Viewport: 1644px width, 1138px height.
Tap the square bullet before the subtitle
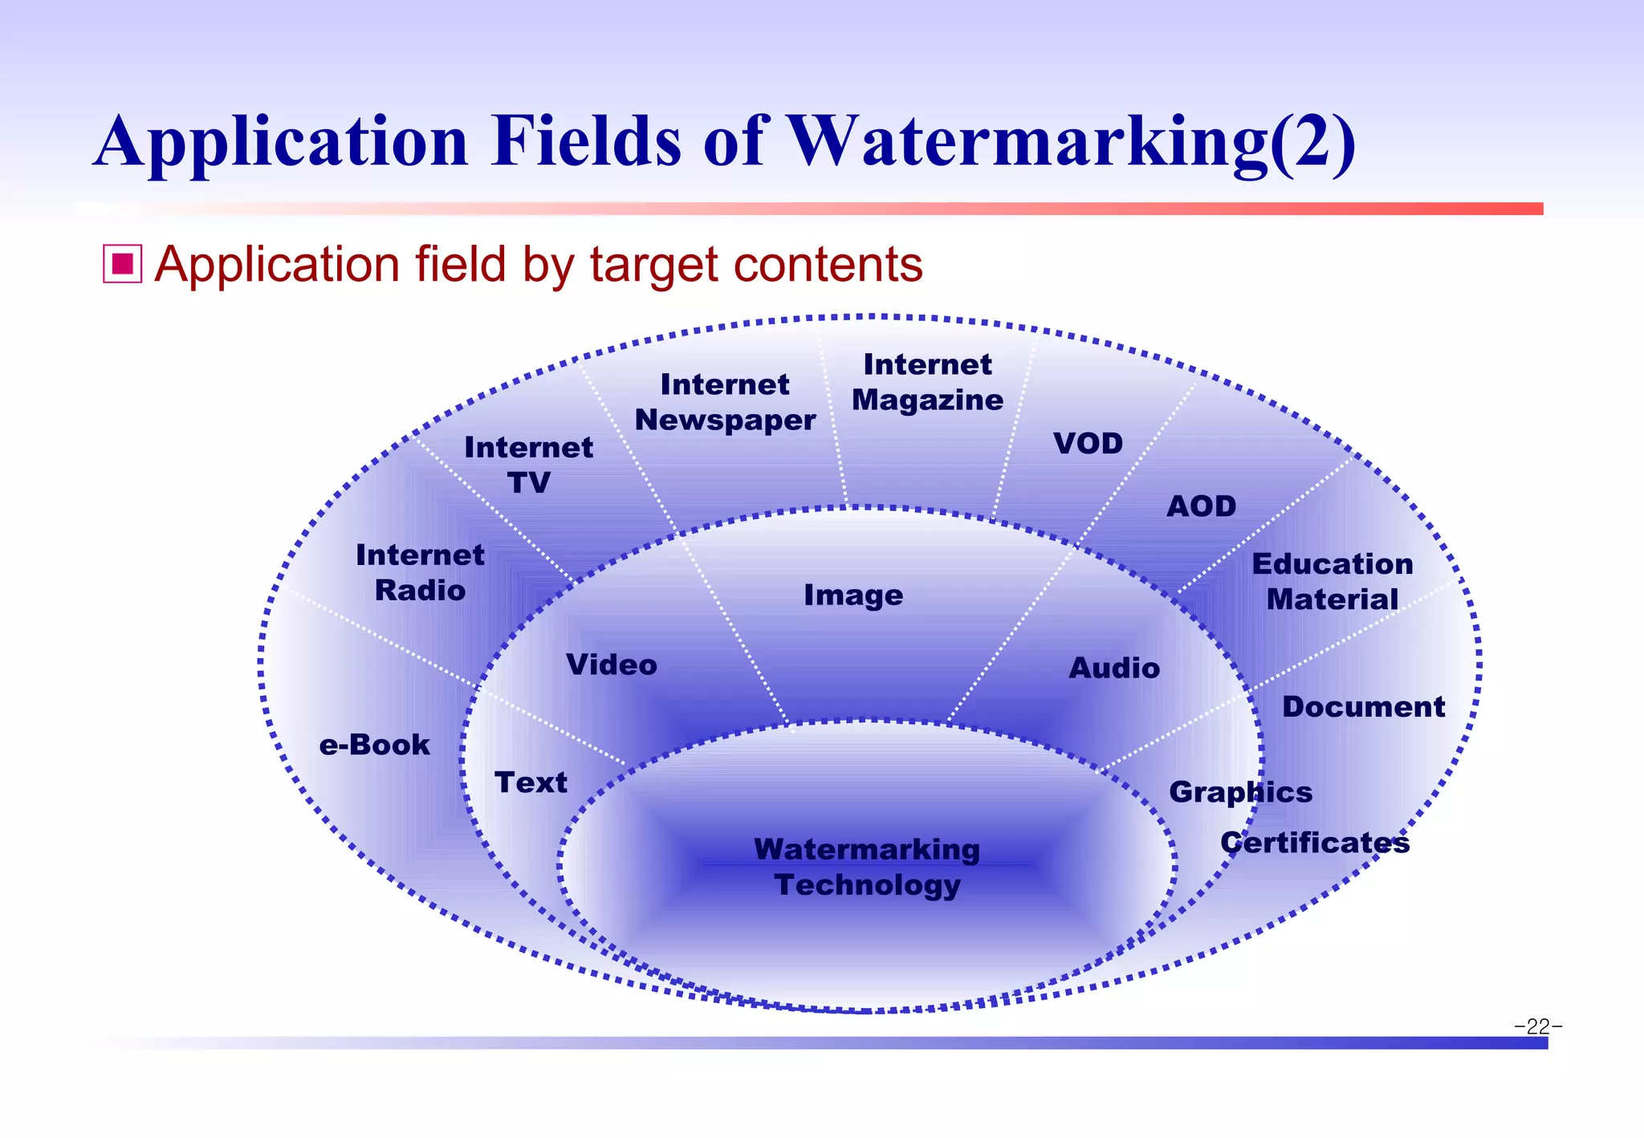(x=122, y=264)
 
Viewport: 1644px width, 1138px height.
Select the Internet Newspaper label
(x=725, y=402)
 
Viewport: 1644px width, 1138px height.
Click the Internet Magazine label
(x=927, y=382)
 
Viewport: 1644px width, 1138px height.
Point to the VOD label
(x=1088, y=443)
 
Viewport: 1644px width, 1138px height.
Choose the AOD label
(x=1201, y=506)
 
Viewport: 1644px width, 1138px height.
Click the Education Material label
(x=1333, y=581)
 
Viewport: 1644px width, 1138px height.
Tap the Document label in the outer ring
(x=1363, y=706)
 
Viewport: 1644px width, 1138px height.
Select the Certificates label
(x=1315, y=843)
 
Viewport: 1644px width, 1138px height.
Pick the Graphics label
(x=1240, y=792)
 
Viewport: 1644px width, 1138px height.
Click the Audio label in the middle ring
(x=1114, y=668)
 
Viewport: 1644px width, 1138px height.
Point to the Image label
(x=853, y=595)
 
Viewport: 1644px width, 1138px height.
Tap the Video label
(x=611, y=665)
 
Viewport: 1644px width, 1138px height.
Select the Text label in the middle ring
(x=531, y=782)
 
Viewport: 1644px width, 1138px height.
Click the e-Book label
(x=374, y=745)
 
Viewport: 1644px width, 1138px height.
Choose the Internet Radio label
(x=420, y=572)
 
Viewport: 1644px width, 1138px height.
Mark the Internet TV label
(x=528, y=465)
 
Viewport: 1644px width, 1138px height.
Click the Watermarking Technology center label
(x=867, y=867)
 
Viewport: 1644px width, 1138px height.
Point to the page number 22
(x=1537, y=1026)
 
